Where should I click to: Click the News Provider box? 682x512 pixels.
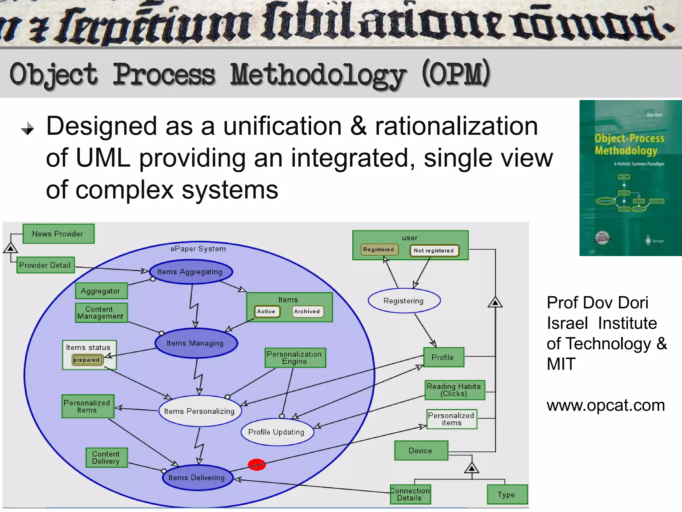pyautogui.click(x=58, y=234)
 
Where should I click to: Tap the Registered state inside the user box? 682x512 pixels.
pyautogui.click(x=379, y=249)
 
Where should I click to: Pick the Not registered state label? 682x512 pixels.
pyautogui.click(x=434, y=250)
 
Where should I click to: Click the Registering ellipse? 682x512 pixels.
pyautogui.click(x=404, y=301)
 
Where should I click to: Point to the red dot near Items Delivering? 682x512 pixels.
pyautogui.click(x=257, y=464)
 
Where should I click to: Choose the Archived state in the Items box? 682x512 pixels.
pyautogui.click(x=307, y=311)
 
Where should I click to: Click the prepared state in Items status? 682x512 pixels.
pyautogui.click(x=87, y=360)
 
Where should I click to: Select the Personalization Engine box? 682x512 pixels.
pyautogui.click(x=295, y=358)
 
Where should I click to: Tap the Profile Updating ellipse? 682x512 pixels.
pyautogui.click(x=277, y=432)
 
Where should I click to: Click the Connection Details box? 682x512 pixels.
pyautogui.click(x=410, y=494)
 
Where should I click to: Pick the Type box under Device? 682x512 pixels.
pyautogui.click(x=507, y=494)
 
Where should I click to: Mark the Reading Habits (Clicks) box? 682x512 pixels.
pyautogui.click(x=454, y=390)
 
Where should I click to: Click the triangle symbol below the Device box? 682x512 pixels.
pyautogui.click(x=472, y=468)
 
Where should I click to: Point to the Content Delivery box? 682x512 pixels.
pyautogui.click(x=106, y=457)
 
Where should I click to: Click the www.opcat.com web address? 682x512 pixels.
pyautogui.click(x=606, y=405)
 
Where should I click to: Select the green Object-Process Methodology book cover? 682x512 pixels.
pyautogui.click(x=630, y=178)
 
